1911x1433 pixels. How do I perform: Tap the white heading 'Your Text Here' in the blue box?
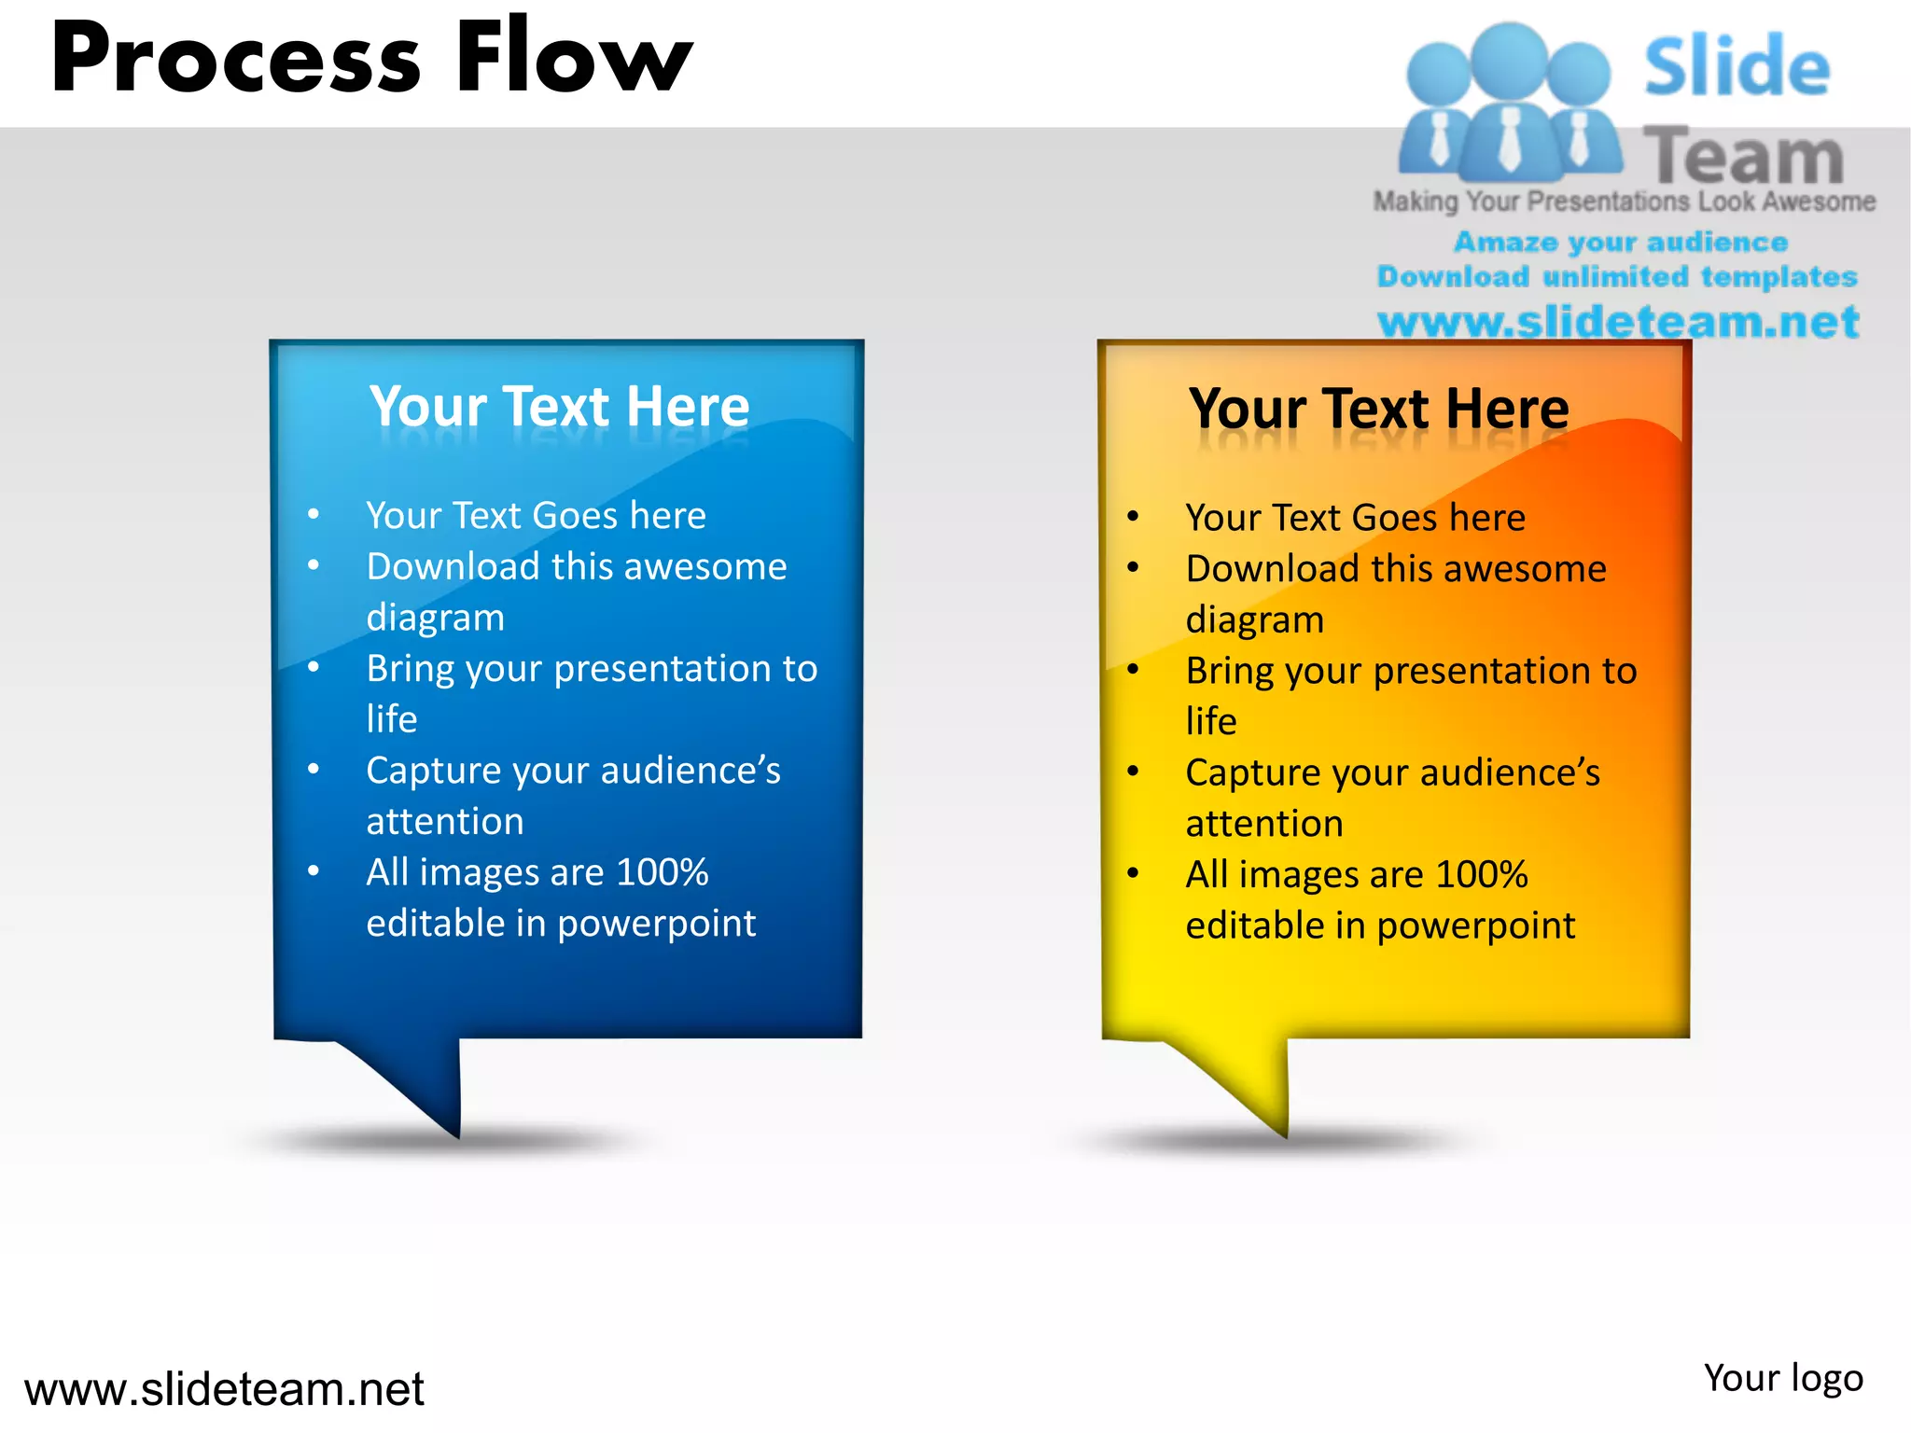pos(560,407)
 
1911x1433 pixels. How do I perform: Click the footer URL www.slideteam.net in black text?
pos(224,1389)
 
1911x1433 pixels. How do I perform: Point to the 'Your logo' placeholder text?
pos(1783,1378)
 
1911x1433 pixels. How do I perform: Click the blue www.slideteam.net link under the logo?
pos(1618,322)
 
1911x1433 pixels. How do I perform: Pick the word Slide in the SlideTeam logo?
pos(1737,66)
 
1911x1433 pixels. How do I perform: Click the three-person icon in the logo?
pos(1509,103)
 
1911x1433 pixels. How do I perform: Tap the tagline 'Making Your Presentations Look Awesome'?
pos(1624,202)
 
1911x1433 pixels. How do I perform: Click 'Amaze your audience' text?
pos(1621,243)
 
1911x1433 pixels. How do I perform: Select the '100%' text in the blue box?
pos(663,872)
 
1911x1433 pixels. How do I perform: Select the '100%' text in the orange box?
pos(1482,875)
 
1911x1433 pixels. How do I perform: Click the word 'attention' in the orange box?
pos(1264,824)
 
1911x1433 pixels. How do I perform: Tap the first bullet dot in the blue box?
pos(314,514)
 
